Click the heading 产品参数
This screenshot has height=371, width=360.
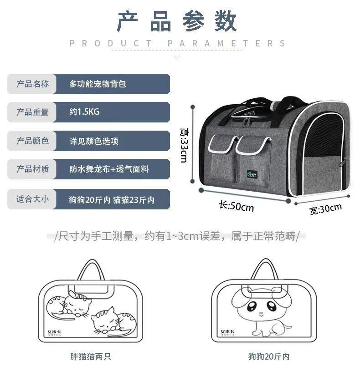(x=178, y=21)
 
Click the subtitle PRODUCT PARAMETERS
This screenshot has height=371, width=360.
(x=178, y=44)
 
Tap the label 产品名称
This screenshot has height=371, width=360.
(x=32, y=84)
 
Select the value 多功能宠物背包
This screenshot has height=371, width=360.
(x=98, y=84)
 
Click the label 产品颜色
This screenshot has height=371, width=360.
(x=32, y=141)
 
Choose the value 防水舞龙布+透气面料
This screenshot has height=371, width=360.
(x=109, y=169)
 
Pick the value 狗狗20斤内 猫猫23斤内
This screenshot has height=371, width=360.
(x=112, y=199)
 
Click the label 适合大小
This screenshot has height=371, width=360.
(x=32, y=199)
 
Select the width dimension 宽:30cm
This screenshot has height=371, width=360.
(x=325, y=209)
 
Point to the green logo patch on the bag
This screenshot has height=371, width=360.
(x=250, y=173)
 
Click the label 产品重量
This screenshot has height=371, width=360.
(x=32, y=112)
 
